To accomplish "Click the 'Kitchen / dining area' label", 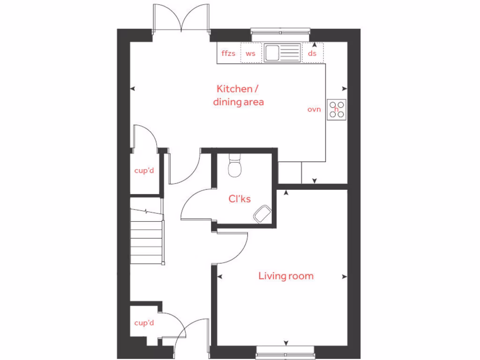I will [x=238, y=95].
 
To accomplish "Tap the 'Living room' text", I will [x=286, y=276].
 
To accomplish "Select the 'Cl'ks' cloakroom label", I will [x=240, y=199].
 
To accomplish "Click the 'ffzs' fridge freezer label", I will [x=228, y=53].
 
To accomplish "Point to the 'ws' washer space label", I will [x=251, y=53].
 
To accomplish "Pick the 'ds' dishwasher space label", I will [x=312, y=53].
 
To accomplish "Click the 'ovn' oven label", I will [x=314, y=109].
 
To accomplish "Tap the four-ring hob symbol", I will [x=337, y=109].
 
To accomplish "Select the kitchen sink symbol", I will [x=281, y=52].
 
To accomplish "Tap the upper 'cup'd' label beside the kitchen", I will [x=144, y=170].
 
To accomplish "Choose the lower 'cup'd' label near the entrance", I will [x=144, y=322].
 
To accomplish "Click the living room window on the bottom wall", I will [x=285, y=349].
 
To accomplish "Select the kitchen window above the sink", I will [x=281, y=32].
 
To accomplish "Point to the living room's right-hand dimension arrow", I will [x=345, y=277].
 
